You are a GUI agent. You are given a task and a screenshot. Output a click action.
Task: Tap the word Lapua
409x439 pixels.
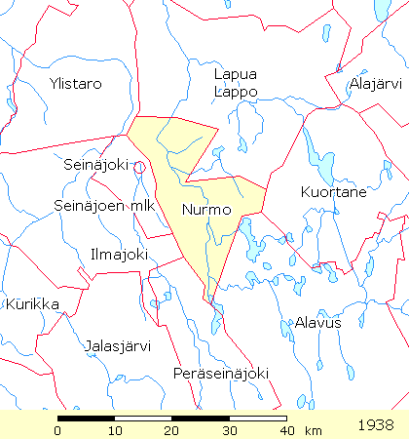coord(236,74)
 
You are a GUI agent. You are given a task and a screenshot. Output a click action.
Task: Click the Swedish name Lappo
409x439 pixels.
coord(236,92)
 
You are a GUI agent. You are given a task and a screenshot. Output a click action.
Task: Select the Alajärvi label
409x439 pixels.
coord(375,84)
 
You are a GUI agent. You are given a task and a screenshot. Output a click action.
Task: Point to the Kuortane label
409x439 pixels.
coord(334,192)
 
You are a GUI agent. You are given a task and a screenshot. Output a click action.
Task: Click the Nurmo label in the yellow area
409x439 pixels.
coord(206,210)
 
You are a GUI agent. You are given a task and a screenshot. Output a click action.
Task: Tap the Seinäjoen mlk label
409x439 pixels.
coord(104,206)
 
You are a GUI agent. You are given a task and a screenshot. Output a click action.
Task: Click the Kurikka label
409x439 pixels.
coord(33,304)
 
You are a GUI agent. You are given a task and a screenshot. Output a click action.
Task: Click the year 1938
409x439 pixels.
coord(376,425)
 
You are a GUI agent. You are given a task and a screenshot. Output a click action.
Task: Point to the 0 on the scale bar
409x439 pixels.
coord(58,430)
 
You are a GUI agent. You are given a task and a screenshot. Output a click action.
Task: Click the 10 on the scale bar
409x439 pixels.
coord(115,430)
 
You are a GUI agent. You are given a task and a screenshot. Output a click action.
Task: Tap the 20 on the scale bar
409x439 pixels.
coord(172,430)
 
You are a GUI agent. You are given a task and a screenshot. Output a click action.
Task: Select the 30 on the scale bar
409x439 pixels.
coord(229,430)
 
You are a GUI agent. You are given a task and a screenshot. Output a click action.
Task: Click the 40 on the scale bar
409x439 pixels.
coord(285,430)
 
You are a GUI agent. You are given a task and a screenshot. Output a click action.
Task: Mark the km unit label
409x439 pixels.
coord(313,430)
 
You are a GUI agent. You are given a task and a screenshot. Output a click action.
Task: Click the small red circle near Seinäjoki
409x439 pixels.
coord(140,167)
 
